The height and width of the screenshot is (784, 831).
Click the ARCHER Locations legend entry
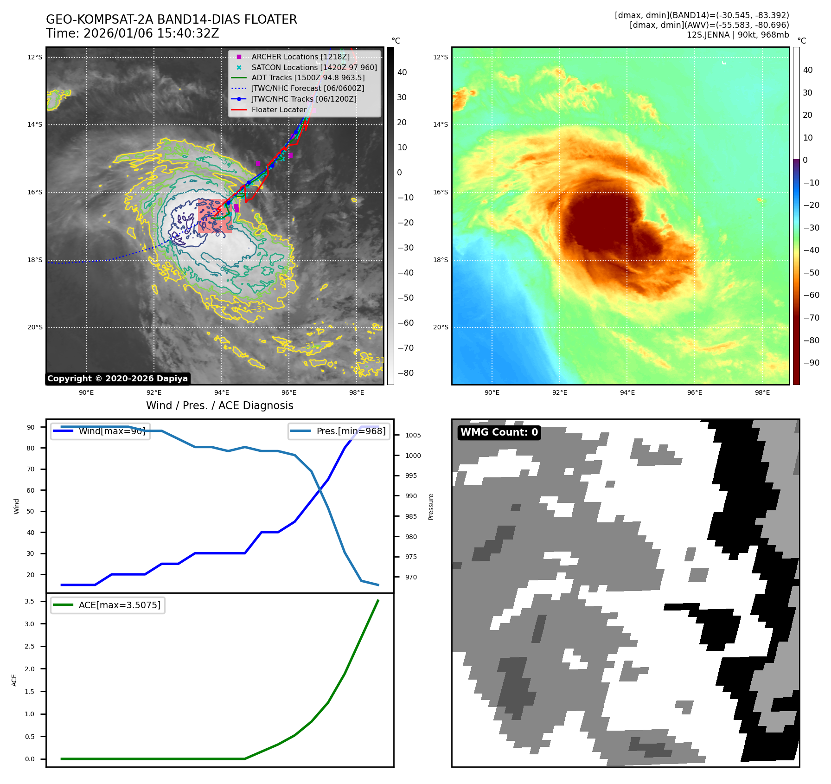pos(300,57)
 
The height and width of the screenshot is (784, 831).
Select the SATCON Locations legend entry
pos(314,67)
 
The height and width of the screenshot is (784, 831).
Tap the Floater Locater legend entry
pos(279,109)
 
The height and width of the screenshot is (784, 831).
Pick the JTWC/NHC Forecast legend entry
pos(307,88)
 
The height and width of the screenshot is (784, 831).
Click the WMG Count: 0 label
pos(499,432)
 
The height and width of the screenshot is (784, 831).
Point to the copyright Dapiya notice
pos(118,379)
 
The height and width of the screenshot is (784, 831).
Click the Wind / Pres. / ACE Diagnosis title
pos(219,405)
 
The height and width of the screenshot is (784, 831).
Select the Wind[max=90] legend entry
pos(112,431)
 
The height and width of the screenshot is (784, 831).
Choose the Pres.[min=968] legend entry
pos(351,431)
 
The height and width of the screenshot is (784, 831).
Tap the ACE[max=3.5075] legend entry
pos(119,605)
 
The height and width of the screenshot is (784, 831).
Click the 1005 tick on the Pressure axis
pos(413,435)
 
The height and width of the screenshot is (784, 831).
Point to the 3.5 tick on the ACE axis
pos(29,601)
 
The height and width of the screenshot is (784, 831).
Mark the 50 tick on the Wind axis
pos(30,511)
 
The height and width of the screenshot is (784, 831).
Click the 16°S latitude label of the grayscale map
pos(35,192)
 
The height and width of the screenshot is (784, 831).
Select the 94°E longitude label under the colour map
pos(627,392)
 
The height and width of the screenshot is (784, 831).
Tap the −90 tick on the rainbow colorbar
pos(811,363)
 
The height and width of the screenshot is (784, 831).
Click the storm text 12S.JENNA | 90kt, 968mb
pos(737,35)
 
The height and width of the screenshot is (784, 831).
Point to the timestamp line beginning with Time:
pos(132,33)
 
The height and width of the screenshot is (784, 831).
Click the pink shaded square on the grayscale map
pos(214,216)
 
